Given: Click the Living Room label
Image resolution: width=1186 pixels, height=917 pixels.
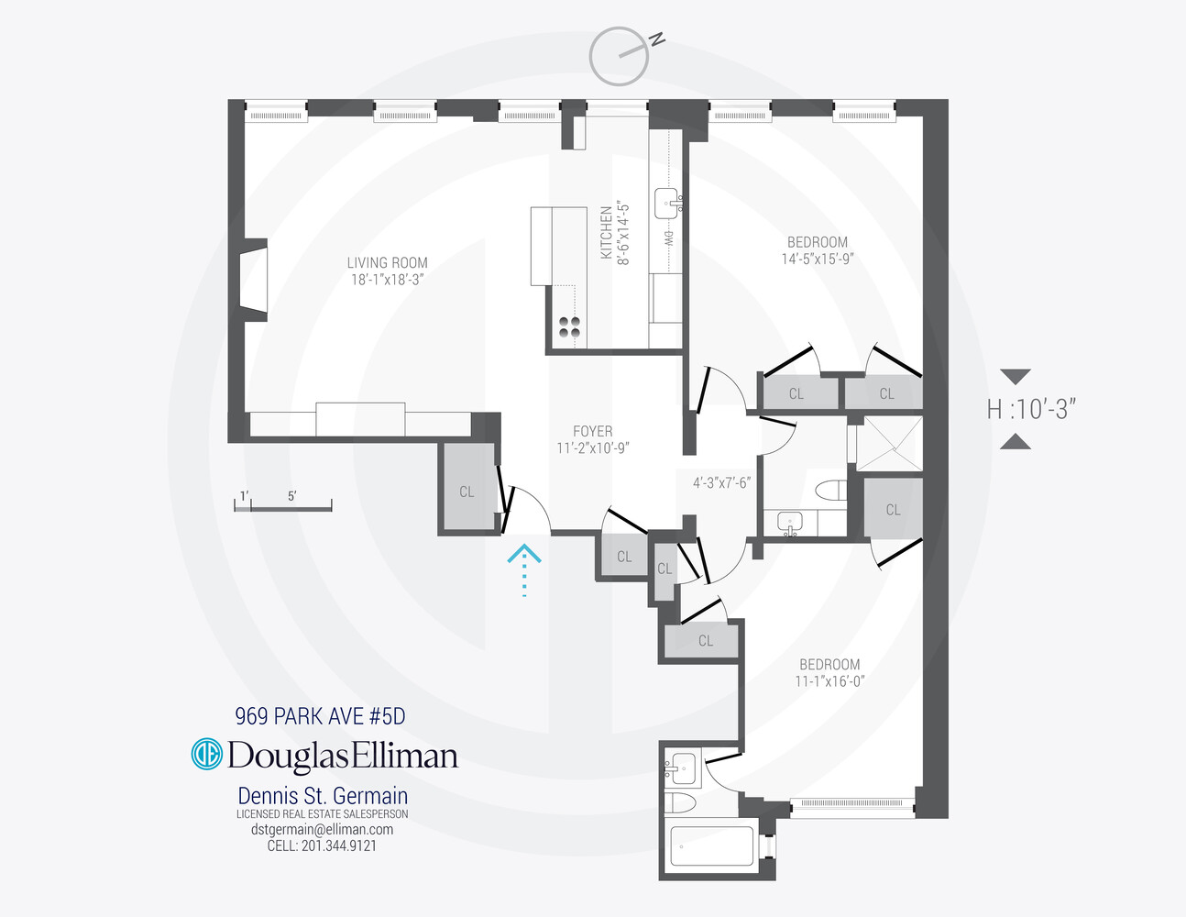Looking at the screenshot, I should pos(387,263).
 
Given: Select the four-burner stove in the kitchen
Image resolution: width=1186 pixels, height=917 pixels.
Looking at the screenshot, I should pos(569,327).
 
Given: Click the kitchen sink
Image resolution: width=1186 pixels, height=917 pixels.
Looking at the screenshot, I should pos(666,203).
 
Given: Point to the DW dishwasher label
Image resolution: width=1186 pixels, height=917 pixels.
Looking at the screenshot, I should pos(668,239).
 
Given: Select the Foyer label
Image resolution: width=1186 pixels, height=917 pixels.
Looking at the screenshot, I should pos(592,431).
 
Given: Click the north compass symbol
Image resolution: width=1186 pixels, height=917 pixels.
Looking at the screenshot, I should pos(620,56).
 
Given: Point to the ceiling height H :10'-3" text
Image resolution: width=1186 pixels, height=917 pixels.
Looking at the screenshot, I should pos(1031,409).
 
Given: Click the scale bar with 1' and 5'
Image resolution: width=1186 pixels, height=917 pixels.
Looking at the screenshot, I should pos(282,503).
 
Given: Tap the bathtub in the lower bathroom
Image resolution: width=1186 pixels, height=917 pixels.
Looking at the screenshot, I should pos(711,845).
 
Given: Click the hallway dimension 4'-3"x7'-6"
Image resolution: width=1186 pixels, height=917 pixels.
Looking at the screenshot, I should pos(721,482).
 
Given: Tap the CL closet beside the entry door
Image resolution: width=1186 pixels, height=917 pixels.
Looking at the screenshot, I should pos(467,491).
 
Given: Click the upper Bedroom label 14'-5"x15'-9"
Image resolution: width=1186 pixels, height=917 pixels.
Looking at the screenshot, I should pos(817,250).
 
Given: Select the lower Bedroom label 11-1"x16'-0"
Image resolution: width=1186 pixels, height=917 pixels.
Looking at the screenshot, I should pos(829,672).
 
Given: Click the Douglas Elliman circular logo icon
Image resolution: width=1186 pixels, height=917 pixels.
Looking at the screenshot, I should pos(206,755).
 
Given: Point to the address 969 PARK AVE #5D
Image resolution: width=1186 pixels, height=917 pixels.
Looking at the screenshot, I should pos(320,716).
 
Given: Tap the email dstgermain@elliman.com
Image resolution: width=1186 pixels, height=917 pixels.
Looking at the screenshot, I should pos(322,829).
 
